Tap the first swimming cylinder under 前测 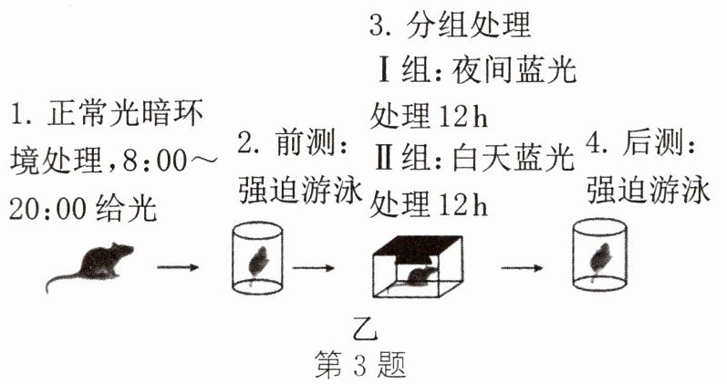256,257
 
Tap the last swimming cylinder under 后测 599,257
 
